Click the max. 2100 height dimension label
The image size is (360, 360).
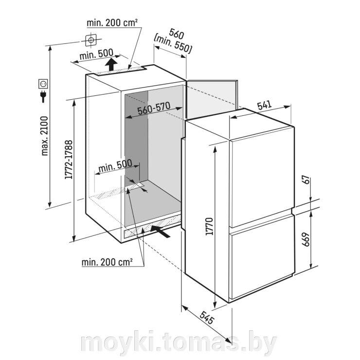tap(44, 136)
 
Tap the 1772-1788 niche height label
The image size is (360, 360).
tap(69, 160)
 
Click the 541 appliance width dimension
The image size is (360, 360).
tap(264, 105)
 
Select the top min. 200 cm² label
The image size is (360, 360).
tap(112, 23)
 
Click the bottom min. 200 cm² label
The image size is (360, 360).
tap(107, 262)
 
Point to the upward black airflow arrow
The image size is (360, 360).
tap(111, 65)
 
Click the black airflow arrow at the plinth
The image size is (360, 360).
tap(161, 231)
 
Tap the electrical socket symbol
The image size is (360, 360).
tap(43, 84)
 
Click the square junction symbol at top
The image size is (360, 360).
tap(90, 40)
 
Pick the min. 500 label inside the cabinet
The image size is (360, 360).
tap(115, 166)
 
